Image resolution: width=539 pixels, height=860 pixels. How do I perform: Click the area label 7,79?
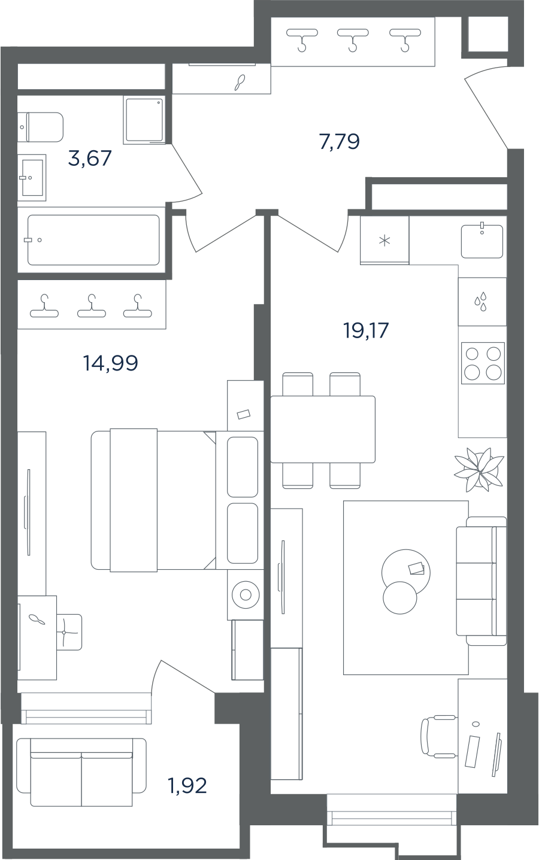pos(339,141)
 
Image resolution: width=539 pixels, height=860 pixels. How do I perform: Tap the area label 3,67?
pos(90,158)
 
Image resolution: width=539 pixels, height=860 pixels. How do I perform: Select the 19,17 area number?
pos(366,330)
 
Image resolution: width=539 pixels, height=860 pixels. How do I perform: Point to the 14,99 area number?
pos(111,363)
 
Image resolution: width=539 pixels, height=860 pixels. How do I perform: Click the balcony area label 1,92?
pos(187,785)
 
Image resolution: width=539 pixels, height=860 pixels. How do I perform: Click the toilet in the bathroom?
pos(40,127)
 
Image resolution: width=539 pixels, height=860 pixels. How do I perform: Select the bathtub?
pos(93,240)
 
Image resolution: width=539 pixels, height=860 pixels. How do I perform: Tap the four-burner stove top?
pos(483,363)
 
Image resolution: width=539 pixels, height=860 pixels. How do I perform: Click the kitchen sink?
pos(482,241)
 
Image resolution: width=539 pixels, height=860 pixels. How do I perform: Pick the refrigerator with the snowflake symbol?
pos(384,241)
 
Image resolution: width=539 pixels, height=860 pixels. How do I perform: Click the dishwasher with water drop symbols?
pos(482,302)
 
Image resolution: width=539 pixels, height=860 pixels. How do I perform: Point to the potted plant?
pos(479,469)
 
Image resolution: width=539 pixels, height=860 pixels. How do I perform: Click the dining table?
pos(323,429)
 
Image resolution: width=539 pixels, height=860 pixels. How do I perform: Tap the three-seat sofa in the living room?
pos(482,581)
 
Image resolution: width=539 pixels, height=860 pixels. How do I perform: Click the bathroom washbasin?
pos(32,178)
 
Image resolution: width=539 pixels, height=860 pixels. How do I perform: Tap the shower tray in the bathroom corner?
pos(144,120)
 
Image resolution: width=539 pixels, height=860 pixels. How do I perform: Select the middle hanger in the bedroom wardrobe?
pos(92,306)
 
